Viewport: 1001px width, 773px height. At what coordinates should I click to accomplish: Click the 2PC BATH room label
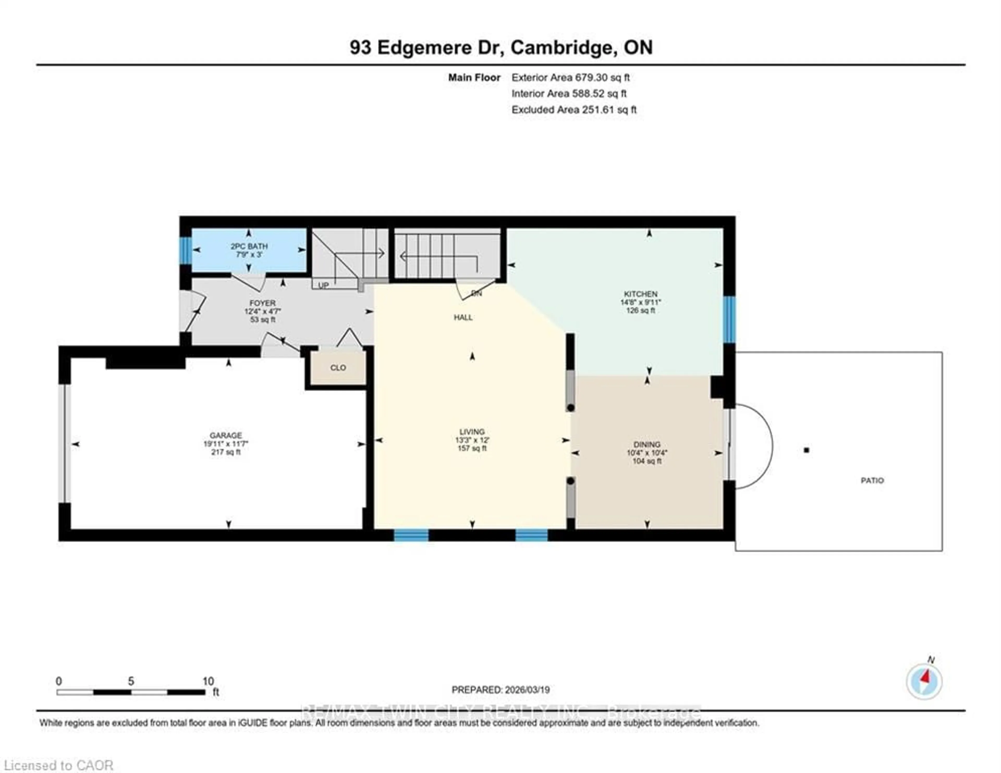point(249,246)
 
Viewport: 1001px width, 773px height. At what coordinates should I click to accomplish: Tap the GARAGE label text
point(225,435)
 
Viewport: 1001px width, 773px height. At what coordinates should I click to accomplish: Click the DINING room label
point(647,444)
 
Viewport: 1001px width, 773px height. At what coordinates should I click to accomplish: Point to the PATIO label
point(872,480)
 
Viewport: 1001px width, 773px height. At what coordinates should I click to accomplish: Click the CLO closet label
point(338,368)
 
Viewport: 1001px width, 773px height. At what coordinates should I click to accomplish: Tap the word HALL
point(463,317)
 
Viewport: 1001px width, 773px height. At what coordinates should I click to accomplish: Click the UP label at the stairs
point(323,285)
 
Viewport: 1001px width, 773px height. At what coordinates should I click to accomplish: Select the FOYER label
point(262,303)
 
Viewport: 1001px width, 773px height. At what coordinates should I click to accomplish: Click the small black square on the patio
point(807,450)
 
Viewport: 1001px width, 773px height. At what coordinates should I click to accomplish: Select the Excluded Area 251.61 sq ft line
point(574,110)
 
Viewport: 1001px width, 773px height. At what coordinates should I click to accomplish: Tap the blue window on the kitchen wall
point(729,319)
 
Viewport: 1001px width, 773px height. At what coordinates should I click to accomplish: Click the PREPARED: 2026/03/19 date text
point(500,690)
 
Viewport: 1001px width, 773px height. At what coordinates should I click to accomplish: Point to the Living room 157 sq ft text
point(472,448)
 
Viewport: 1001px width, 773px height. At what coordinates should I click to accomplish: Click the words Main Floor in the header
point(474,77)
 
